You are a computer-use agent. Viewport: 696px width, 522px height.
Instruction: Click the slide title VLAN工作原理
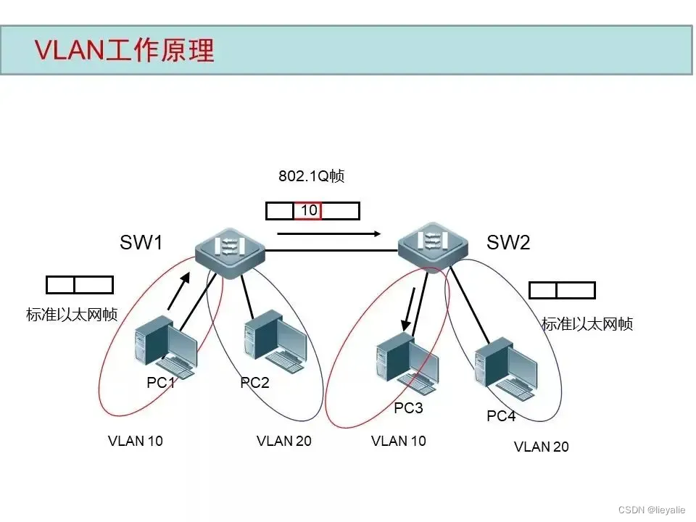tap(125, 51)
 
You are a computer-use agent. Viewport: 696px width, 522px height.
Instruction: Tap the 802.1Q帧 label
tap(312, 176)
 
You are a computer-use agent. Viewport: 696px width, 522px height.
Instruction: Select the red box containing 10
tap(308, 211)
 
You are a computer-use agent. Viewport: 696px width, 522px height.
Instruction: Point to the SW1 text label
tap(141, 243)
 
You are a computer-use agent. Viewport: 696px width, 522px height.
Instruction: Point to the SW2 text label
tap(508, 243)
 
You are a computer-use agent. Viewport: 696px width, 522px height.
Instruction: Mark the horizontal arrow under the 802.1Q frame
tap(328, 233)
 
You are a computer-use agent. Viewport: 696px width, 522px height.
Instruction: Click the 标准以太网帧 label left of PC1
tap(72, 315)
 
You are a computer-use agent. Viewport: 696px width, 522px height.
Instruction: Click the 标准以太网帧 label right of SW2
tap(587, 324)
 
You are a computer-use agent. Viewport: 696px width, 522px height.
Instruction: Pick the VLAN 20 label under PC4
tap(541, 447)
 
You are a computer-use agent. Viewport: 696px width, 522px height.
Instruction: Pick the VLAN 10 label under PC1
tap(136, 441)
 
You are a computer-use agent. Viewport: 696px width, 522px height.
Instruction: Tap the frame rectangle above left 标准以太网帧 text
tap(80, 285)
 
